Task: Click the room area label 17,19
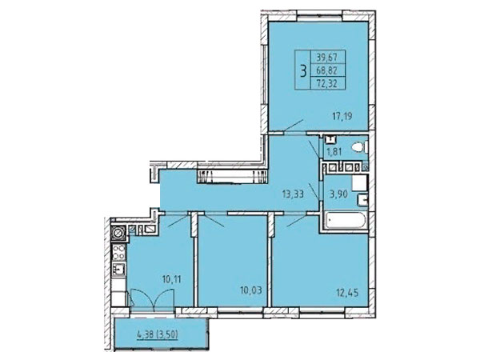(342, 116)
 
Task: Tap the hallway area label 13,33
(293, 194)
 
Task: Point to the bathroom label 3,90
(338, 194)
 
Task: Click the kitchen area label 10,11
(171, 279)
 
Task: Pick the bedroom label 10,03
(251, 290)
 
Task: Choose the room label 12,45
(347, 293)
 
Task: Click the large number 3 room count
(303, 70)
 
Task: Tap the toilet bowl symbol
(359, 148)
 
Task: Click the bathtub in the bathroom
(346, 221)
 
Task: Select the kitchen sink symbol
(118, 270)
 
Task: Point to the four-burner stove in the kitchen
(118, 252)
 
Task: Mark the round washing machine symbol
(118, 233)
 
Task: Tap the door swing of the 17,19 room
(293, 126)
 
